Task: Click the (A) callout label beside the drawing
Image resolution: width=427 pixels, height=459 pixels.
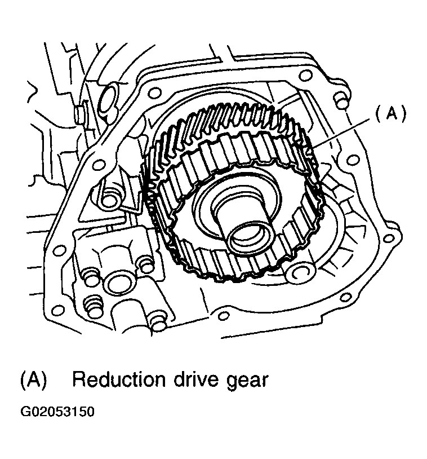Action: [x=391, y=113]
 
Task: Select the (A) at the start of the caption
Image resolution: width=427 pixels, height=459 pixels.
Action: [x=34, y=380]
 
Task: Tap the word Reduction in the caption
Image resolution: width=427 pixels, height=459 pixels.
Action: [x=119, y=379]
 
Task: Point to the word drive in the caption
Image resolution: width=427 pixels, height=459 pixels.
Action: [x=196, y=379]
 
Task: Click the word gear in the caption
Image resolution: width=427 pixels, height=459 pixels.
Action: [x=247, y=381]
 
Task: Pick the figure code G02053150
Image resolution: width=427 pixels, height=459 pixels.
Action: [x=57, y=411]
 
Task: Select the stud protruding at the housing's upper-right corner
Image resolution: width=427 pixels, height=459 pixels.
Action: [x=343, y=100]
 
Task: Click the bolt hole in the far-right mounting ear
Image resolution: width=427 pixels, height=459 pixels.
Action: [x=389, y=239]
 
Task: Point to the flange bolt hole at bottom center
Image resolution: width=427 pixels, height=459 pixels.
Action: [x=224, y=316]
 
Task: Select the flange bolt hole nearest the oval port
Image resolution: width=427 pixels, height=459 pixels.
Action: [x=155, y=93]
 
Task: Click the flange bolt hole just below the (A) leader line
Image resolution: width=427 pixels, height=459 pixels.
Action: [x=353, y=160]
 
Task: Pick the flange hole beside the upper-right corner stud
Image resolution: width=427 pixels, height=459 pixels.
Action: [x=305, y=76]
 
